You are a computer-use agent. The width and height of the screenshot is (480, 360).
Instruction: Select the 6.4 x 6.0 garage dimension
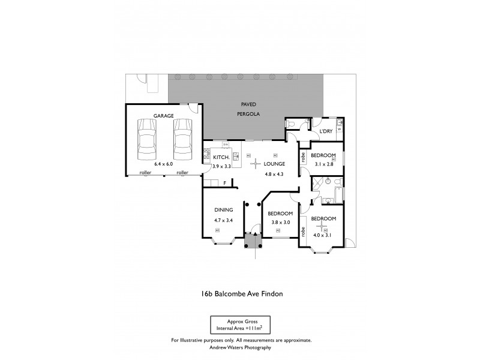(163, 163)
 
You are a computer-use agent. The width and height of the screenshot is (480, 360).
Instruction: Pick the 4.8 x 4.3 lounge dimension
(274, 174)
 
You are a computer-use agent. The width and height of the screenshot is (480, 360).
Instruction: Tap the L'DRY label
(326, 130)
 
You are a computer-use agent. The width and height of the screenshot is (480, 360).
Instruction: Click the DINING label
(223, 210)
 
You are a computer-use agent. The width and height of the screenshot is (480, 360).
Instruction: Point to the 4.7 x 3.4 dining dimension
(223, 220)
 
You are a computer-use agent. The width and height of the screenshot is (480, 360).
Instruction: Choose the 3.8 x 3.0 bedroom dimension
(280, 222)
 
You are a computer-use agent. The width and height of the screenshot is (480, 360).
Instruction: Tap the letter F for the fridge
(224, 182)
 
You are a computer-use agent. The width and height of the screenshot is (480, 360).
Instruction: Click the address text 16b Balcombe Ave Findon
(241, 294)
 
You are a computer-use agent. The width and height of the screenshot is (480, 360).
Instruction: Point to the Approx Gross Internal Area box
(241, 325)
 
